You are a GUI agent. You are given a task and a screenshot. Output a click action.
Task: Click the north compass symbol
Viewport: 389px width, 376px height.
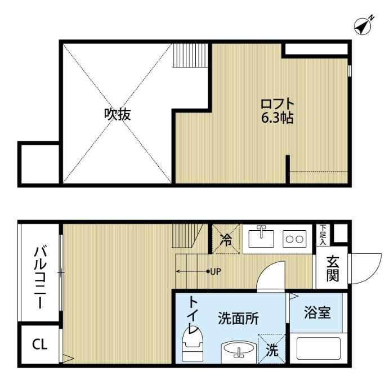[x=365, y=25]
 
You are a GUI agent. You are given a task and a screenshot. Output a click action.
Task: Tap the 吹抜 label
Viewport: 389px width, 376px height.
[x=117, y=114]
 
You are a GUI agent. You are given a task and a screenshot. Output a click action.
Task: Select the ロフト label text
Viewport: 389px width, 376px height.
[x=278, y=104]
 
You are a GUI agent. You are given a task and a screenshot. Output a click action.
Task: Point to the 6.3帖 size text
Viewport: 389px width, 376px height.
[x=277, y=119]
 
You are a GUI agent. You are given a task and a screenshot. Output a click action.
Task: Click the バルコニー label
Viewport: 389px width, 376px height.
[x=39, y=276]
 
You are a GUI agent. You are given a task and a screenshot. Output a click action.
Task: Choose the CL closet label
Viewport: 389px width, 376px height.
[x=39, y=344]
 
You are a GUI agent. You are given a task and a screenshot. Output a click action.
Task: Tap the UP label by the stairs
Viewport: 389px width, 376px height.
[x=215, y=271]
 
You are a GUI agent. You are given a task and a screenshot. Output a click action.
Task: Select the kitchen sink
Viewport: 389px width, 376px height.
[x=261, y=237]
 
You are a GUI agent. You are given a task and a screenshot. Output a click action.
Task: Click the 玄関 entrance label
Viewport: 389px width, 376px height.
[x=332, y=269]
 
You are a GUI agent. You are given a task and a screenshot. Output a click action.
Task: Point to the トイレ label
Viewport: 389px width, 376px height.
[x=193, y=316]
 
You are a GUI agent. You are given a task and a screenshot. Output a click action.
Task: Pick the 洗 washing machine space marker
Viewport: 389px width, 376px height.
[x=272, y=350]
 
